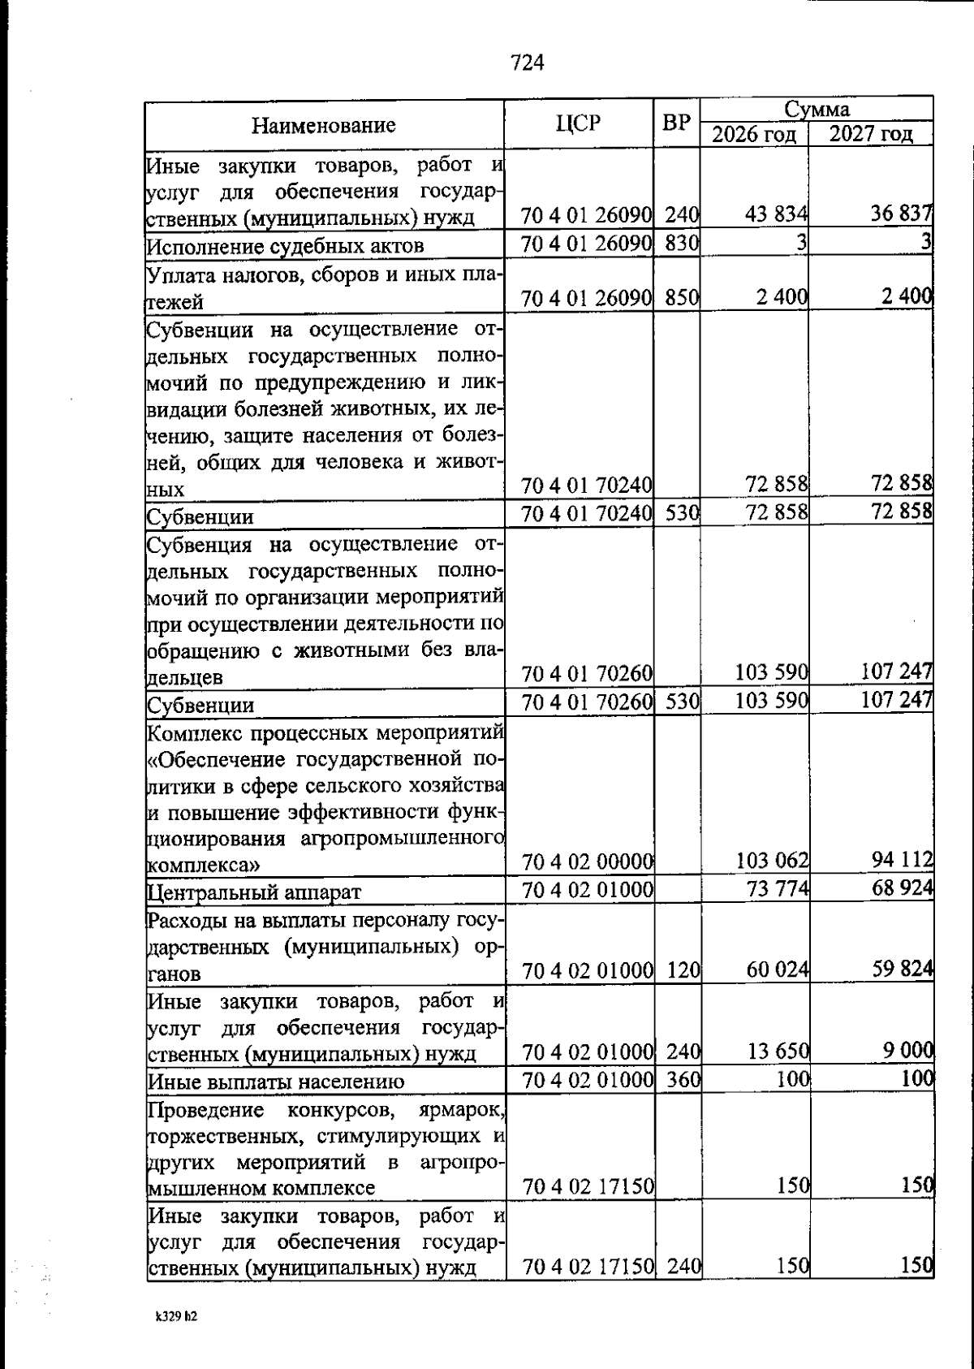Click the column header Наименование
click(323, 125)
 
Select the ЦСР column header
click(579, 123)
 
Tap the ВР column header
click(676, 123)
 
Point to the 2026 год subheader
click(754, 134)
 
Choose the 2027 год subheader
click(870, 134)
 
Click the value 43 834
click(776, 215)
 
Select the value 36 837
click(901, 215)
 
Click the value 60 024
click(777, 970)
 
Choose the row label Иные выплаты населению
click(276, 1082)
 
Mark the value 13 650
click(777, 1052)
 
